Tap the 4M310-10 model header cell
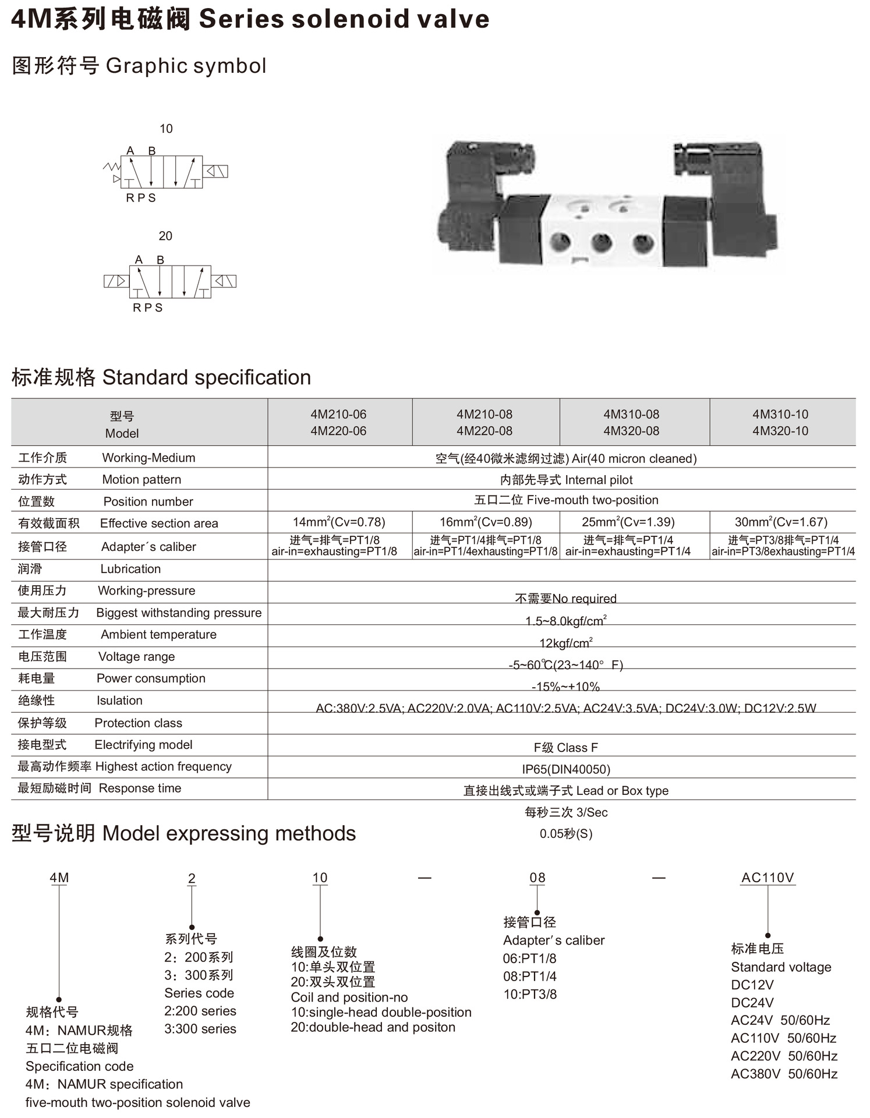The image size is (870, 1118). [780, 422]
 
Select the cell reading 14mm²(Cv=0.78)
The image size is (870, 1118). [339, 522]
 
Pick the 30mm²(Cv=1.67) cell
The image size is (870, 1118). [781, 522]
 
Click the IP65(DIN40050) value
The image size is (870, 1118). [566, 769]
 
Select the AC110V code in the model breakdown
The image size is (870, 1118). [768, 878]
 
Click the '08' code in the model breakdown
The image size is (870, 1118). [537, 878]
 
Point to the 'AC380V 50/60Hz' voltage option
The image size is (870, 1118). [784, 1074]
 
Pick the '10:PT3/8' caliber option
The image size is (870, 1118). [530, 994]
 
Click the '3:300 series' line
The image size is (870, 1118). [200, 1029]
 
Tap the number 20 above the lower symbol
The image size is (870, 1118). [165, 236]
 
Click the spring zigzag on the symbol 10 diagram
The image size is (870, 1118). [111, 167]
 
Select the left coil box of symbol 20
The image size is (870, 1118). [116, 281]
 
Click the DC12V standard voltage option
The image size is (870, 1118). [752, 985]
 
